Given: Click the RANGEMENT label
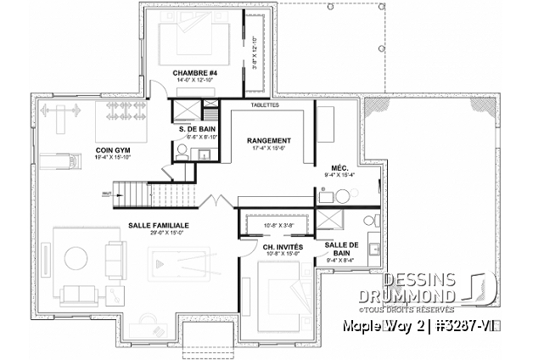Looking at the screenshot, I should [x=269, y=140].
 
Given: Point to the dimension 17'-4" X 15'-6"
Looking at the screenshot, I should [x=269, y=149].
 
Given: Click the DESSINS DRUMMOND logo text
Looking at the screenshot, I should [x=419, y=288].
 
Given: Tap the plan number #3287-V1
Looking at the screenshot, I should [x=491, y=326].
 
